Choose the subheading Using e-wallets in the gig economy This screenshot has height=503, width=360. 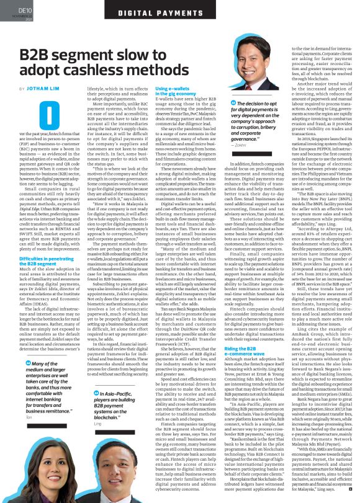pyautogui.click(x=171, y=92)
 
